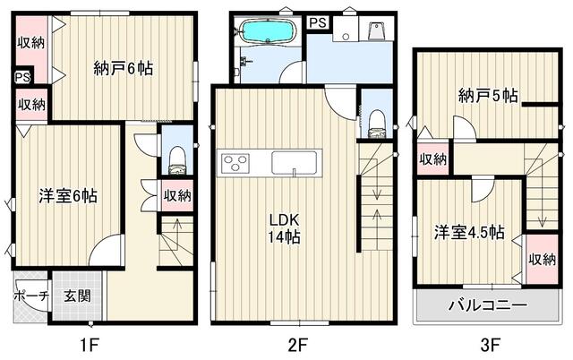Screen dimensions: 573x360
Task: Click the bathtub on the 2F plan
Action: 268,31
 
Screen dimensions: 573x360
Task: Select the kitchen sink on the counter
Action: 295,163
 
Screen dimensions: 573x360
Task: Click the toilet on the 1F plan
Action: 177,159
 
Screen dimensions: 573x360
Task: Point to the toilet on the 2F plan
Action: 376,124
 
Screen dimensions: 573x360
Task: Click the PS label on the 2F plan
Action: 318,22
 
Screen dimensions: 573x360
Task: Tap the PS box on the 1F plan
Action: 22,77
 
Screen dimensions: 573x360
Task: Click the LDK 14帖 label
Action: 285,228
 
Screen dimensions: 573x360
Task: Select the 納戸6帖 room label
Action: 124,68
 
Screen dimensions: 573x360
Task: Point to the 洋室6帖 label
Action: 68,196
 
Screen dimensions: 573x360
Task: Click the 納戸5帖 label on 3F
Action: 488,96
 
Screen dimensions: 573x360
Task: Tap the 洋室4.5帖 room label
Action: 469,233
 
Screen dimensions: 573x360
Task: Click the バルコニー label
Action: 488,304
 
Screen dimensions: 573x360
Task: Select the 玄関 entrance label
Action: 78,296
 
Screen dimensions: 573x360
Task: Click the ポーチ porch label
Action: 31,296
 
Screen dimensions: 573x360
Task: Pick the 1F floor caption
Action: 90,345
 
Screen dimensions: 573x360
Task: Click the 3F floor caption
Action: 490,345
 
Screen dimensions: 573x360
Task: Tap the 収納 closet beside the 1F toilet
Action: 177,196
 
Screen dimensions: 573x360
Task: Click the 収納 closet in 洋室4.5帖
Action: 542,259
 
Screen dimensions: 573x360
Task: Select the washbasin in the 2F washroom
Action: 346,29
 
